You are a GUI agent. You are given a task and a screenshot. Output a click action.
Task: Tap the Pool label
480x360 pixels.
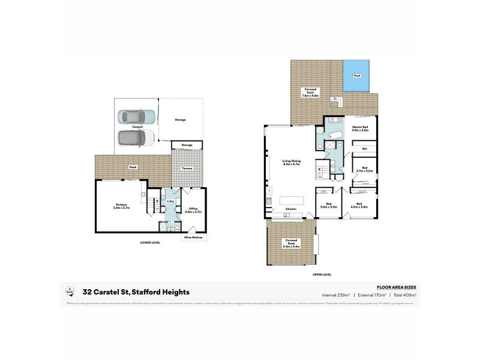coord(357,76)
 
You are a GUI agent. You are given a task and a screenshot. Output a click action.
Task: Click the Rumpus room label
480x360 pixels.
coord(121,207)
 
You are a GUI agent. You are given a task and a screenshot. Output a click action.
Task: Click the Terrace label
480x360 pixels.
coord(187,169)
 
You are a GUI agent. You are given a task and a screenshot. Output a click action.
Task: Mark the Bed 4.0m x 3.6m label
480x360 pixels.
coord(359,206)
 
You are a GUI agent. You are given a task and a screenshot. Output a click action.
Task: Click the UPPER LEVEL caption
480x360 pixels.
coord(322,274)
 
